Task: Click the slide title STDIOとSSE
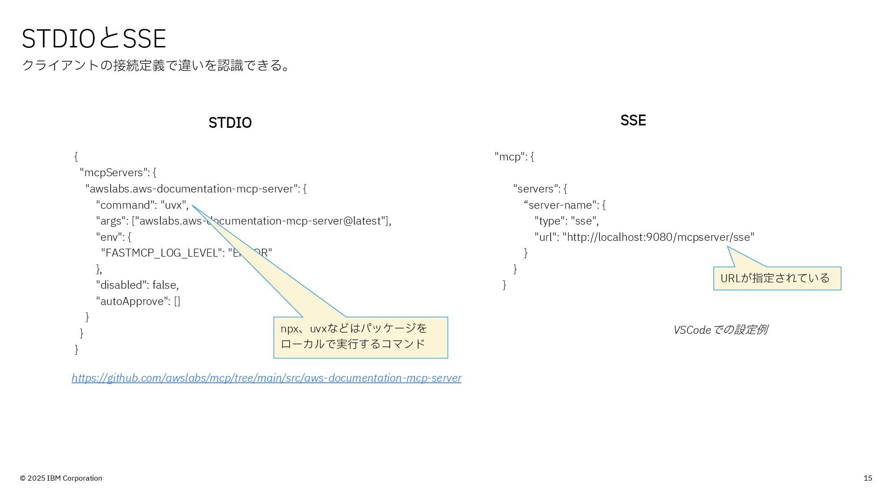pos(93,38)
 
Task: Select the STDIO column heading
pos(230,123)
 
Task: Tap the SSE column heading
pos(633,120)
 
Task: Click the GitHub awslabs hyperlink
pos(267,378)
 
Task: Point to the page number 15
pos(867,478)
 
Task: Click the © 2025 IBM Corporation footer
pos(61,478)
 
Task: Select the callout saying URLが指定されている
pos(777,278)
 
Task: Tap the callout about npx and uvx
pos(360,337)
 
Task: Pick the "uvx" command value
pos(173,205)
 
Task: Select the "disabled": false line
pos(137,285)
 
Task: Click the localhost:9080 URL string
pos(658,237)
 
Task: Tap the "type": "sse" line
pos(566,221)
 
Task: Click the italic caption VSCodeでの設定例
pos(720,330)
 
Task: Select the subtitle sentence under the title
pos(156,65)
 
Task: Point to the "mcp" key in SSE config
pos(510,157)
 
